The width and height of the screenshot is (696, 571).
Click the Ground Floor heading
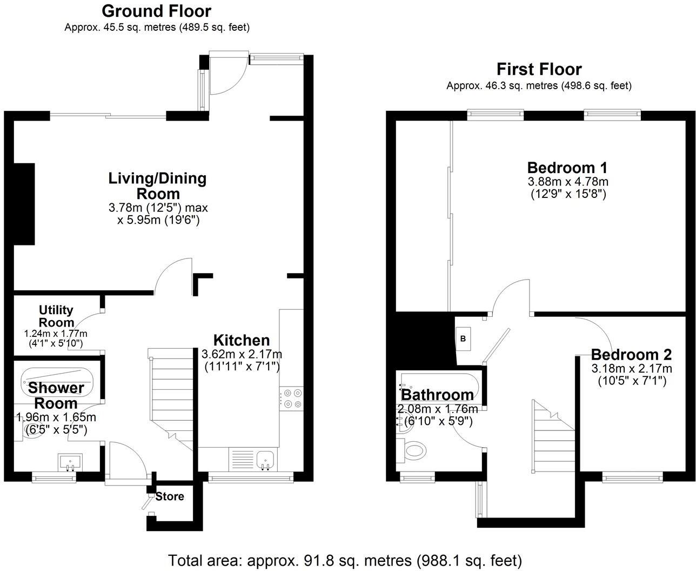[x=156, y=11]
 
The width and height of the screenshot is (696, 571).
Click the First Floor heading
[x=539, y=69]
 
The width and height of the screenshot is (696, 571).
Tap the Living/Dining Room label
[x=158, y=185]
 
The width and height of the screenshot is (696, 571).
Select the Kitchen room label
[x=242, y=340]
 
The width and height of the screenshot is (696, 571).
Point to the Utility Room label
[x=56, y=316]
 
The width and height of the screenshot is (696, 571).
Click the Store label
[x=170, y=496]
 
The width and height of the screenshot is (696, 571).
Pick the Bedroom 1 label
[x=567, y=167]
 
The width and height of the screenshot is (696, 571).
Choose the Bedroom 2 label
[x=631, y=355]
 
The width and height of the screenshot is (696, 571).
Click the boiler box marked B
[x=463, y=339]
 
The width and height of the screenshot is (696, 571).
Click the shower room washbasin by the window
[x=70, y=463]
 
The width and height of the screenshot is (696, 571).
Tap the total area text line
[x=345, y=560]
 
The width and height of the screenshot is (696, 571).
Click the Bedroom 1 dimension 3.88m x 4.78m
[x=568, y=182]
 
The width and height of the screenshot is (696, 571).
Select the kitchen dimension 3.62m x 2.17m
[x=242, y=355]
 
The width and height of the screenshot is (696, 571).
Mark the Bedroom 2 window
[x=632, y=477]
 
